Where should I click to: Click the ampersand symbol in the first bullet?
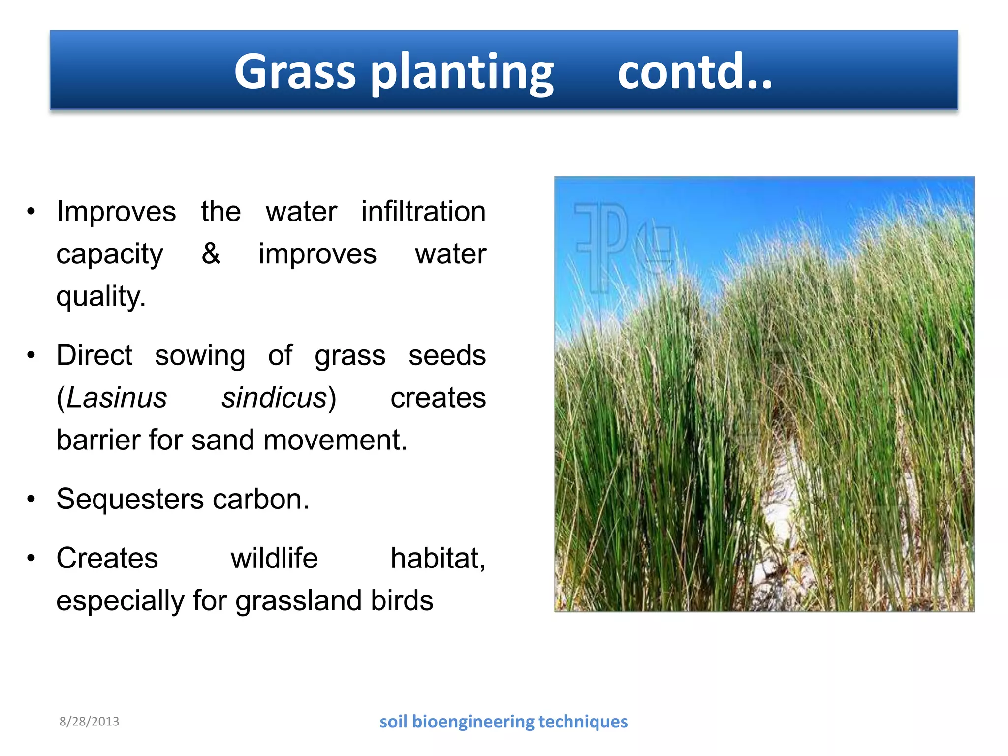[x=211, y=253]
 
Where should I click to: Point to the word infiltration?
[x=423, y=212]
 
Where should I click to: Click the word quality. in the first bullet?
[x=101, y=297]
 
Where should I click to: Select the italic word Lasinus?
[x=116, y=398]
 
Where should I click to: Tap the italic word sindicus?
[x=274, y=398]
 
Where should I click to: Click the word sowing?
[x=200, y=355]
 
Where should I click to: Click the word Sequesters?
[x=130, y=499]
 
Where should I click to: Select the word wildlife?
[x=274, y=558]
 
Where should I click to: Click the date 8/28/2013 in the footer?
[x=89, y=722]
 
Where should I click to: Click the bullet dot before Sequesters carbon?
[x=31, y=499]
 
